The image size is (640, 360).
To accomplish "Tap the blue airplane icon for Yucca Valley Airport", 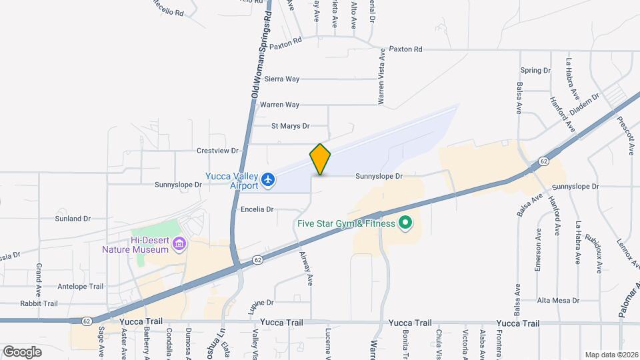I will pyautogui.click(x=268, y=179).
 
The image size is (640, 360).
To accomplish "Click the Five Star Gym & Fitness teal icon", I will pyautogui.click(x=405, y=223).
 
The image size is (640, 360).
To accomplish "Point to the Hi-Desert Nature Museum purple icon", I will pyautogui.click(x=178, y=244).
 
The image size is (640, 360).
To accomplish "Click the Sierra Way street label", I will pyautogui.click(x=282, y=79).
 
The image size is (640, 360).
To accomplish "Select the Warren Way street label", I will pyautogui.click(x=279, y=105).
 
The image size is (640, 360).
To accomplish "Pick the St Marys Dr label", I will pyautogui.click(x=291, y=125).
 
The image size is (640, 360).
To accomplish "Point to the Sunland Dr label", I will pyautogui.click(x=73, y=218).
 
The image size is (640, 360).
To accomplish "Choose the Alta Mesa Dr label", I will pyautogui.click(x=558, y=300).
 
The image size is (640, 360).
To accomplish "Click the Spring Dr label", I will pyautogui.click(x=535, y=70).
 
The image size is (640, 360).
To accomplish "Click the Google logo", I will pyautogui.click(x=22, y=351).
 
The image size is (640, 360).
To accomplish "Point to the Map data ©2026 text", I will pyautogui.click(x=611, y=355).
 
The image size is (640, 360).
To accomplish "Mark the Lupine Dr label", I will pyautogui.click(x=261, y=303).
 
